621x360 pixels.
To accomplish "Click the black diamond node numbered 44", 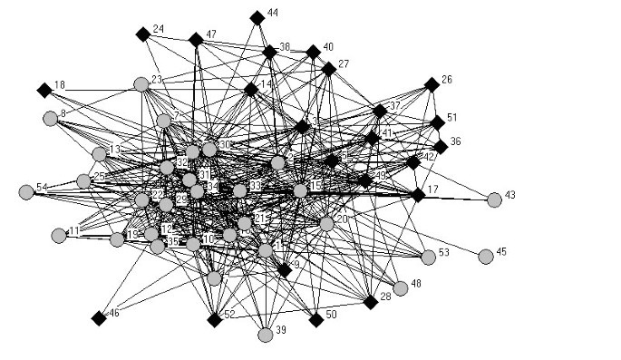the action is tap(257, 16).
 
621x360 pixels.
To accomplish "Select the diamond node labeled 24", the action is tap(142, 34).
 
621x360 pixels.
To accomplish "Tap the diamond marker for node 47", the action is tap(196, 39).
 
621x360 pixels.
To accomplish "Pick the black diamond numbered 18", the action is tap(44, 90).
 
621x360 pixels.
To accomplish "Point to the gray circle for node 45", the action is tap(486, 257).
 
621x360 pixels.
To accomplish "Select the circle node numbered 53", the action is tap(428, 258).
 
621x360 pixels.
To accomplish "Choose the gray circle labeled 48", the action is tap(401, 288).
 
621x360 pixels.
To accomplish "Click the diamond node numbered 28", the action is tap(371, 301).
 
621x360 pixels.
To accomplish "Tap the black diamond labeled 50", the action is tap(315, 319).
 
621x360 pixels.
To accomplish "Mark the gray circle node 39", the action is tap(266, 335).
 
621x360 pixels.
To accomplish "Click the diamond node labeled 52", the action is tap(215, 319).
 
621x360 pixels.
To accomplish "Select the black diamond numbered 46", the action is tap(99, 317).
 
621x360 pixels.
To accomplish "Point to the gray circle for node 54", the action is tap(26, 191).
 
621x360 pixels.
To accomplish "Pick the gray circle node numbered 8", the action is tap(51, 118).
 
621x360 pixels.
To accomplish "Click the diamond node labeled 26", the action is tap(432, 84).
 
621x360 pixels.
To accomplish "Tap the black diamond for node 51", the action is tap(438, 122).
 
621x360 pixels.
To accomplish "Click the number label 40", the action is tap(328, 46).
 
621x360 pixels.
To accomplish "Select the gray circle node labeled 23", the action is tap(141, 84).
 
